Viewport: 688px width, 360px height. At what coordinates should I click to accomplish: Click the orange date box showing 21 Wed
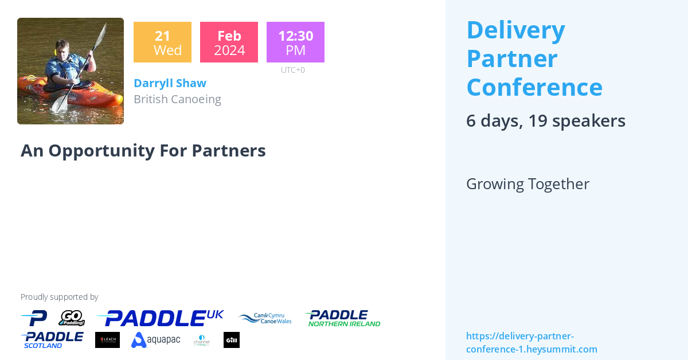[162, 42]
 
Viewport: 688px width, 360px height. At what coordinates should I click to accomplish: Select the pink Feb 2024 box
[229, 42]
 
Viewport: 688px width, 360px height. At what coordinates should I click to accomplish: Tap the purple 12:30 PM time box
[295, 42]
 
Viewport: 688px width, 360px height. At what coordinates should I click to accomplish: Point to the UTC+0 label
[293, 70]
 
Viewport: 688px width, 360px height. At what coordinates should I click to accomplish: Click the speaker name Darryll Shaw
[170, 83]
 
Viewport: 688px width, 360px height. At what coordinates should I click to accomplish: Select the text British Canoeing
[177, 99]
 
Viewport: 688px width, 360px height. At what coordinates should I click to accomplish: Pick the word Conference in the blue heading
[534, 87]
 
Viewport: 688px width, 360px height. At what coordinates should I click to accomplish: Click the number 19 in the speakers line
[538, 120]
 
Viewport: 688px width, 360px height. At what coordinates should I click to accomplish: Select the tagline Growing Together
[527, 184]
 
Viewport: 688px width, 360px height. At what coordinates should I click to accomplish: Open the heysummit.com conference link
[531, 342]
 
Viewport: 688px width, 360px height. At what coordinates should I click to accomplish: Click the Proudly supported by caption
[60, 297]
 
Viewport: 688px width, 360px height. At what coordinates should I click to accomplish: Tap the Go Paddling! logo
[72, 318]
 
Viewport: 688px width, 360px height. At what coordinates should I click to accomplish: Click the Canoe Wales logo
[265, 319]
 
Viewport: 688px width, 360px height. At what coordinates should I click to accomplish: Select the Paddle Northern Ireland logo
[343, 318]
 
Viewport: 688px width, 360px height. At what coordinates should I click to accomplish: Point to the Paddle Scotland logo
[52, 340]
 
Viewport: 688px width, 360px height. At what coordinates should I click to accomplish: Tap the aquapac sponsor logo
[155, 340]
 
